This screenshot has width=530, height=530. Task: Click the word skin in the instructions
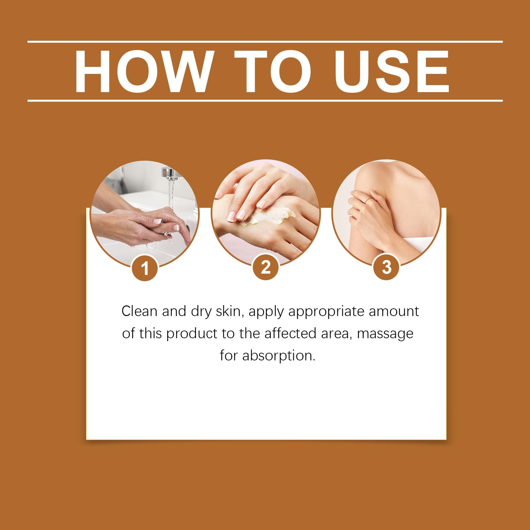[x=229, y=312]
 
